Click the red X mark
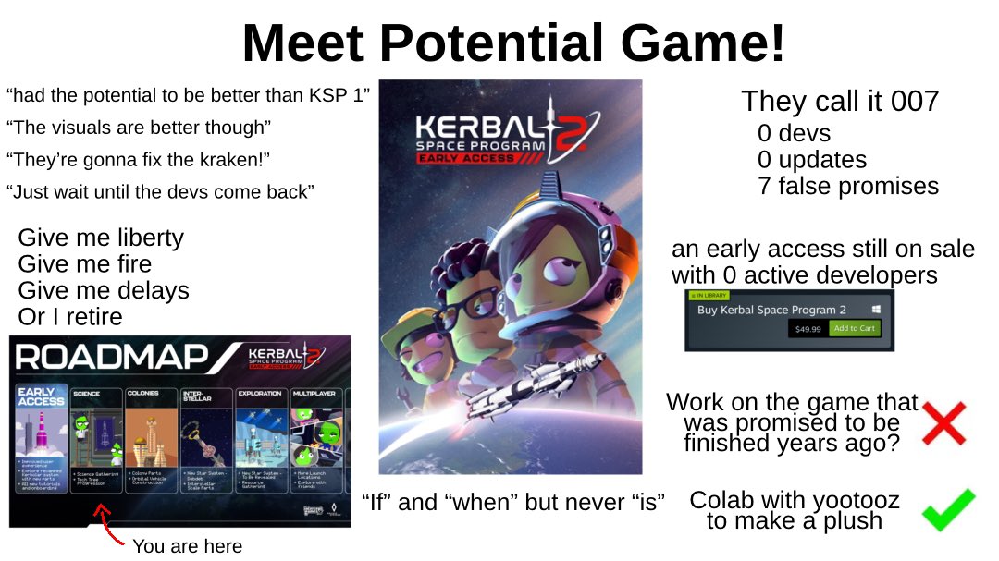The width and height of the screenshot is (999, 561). tap(943, 423)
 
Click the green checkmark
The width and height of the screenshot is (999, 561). tap(948, 509)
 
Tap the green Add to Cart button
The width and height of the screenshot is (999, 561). tap(855, 328)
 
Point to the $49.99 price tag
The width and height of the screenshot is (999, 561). tap(808, 328)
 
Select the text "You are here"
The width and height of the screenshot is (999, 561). tap(187, 546)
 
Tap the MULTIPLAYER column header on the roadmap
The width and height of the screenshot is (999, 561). tap(314, 393)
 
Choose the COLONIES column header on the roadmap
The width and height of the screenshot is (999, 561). tap(143, 393)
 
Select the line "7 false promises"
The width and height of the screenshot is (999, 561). tap(848, 186)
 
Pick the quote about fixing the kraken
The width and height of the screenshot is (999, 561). tap(138, 160)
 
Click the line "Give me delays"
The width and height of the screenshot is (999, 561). tap(104, 290)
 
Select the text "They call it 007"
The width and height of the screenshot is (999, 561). tap(839, 101)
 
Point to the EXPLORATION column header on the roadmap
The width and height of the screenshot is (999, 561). tap(259, 393)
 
